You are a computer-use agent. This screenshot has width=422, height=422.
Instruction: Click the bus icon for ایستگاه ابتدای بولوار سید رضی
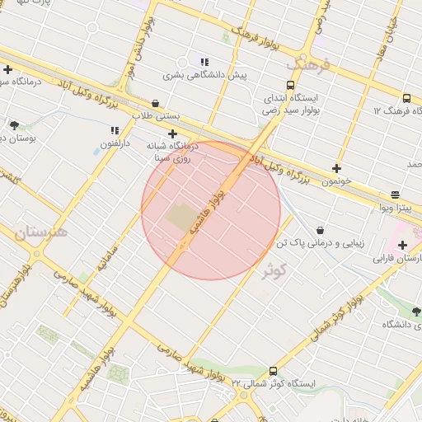(x=290, y=85)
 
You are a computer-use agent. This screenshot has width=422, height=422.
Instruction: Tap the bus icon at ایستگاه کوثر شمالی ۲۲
(x=273, y=371)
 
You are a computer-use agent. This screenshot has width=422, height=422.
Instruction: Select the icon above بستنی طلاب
(x=156, y=103)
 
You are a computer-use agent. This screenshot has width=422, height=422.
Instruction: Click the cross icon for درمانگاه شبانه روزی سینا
(x=172, y=134)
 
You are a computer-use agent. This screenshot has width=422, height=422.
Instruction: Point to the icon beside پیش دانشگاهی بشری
(x=204, y=62)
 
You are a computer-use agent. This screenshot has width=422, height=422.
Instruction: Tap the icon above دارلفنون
(x=115, y=130)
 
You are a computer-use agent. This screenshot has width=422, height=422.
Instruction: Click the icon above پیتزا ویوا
(x=396, y=195)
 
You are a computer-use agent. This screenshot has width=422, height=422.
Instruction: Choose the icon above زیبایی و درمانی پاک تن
(x=319, y=230)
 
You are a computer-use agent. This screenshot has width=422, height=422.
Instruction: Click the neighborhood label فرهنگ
(x=307, y=63)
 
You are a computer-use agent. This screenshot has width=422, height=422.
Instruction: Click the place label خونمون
(x=337, y=180)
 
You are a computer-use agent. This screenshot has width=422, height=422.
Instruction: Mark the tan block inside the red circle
(x=181, y=218)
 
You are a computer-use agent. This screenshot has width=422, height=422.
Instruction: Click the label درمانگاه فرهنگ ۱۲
(x=391, y=110)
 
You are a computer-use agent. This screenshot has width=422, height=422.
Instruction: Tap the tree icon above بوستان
(x=14, y=125)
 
